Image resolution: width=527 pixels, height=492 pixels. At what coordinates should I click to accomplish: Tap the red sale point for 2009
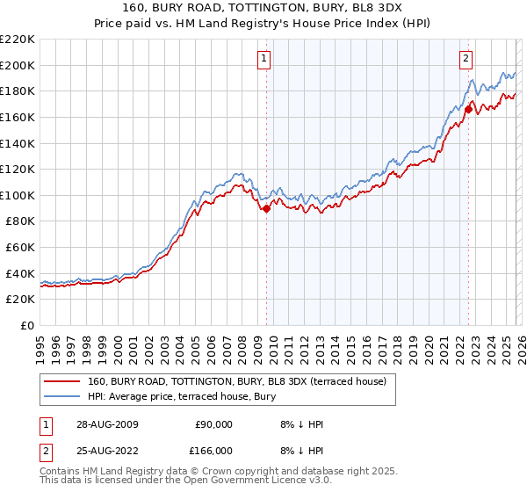266,208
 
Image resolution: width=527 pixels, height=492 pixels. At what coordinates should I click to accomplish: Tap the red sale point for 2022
468,109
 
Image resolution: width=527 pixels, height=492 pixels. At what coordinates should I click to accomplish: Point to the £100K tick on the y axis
18,195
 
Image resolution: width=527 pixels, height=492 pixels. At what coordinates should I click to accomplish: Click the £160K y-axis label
18,117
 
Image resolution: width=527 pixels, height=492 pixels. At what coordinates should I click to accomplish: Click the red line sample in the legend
62,381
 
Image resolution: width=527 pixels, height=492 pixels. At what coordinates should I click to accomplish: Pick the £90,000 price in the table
213,424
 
